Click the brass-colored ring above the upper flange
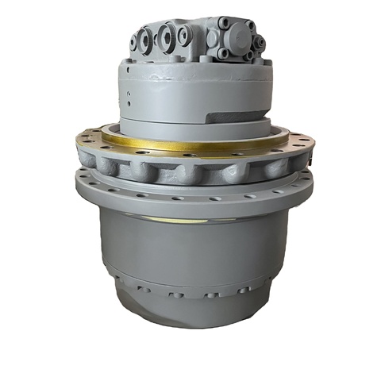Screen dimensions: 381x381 (x=190, y=144)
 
